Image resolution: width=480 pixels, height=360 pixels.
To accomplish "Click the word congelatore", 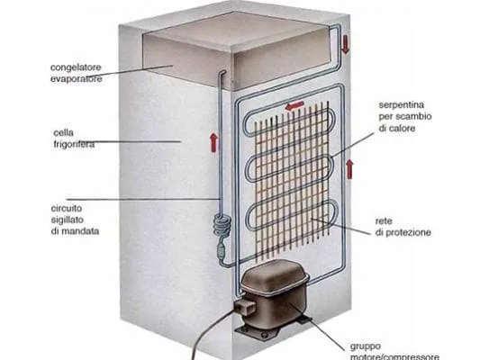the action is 76,67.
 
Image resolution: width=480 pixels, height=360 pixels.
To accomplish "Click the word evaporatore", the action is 77,79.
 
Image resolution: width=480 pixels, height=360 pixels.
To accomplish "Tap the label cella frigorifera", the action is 74,139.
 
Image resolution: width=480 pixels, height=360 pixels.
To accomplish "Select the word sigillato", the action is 68,220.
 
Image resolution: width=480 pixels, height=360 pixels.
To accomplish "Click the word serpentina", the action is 402,105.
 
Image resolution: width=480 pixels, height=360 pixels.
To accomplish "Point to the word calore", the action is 401,128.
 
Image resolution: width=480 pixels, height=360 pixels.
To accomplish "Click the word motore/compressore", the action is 394,356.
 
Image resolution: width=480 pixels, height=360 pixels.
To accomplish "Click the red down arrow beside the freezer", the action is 345,44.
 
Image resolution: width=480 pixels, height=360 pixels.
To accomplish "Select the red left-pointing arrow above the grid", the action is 294,106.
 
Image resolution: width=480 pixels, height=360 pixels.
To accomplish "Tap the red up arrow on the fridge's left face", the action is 213,143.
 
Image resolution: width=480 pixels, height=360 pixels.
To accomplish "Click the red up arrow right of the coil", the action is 349,169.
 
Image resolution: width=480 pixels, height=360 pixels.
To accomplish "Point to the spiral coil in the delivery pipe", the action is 222,226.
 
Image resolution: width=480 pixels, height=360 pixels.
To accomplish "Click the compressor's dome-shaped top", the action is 275,274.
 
